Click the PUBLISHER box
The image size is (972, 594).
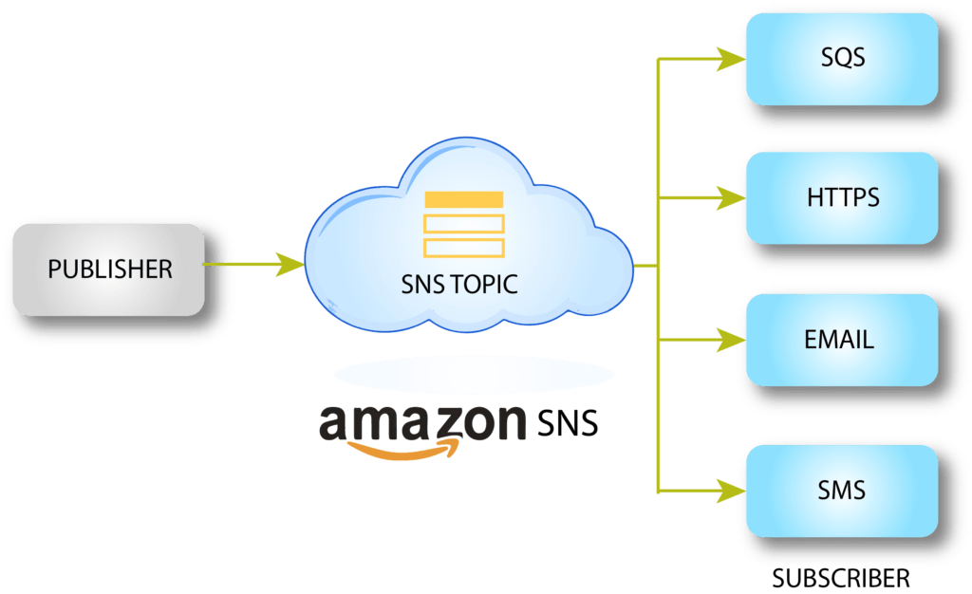coord(108,269)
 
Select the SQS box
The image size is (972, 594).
coord(842,59)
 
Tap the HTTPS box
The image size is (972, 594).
coord(842,199)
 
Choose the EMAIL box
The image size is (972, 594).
coord(842,340)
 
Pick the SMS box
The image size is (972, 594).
coord(842,491)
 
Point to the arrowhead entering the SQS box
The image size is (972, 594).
coord(731,59)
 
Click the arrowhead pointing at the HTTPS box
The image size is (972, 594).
coord(731,199)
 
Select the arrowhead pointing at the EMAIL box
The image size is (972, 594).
coord(731,340)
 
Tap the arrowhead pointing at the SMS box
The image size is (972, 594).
coord(731,491)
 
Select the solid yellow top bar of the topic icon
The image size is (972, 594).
coord(464,199)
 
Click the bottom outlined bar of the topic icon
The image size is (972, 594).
coord(464,248)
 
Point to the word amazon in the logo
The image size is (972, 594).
coord(422,423)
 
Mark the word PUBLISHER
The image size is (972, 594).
coord(110,269)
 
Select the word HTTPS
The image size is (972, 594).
coord(842,199)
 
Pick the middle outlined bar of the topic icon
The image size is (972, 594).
coord(464,224)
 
